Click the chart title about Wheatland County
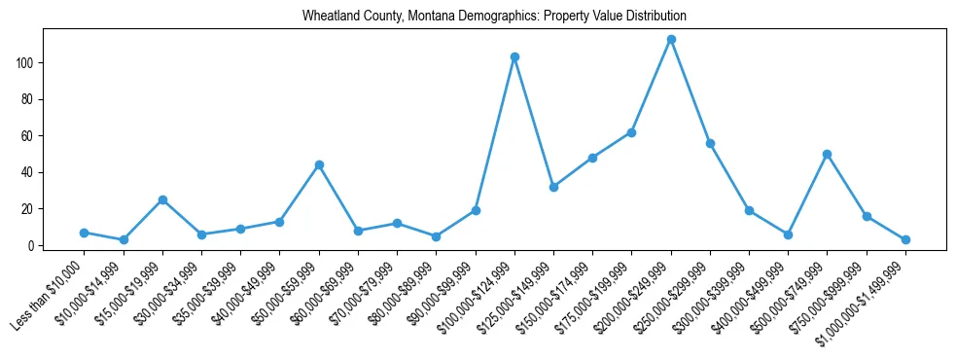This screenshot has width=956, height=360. pos(494,17)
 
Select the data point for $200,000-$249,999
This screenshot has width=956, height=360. pos(671,39)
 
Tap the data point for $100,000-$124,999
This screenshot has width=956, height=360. pos(514,57)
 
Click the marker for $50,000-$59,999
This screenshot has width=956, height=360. pos(319,164)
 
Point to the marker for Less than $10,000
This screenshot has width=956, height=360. pos(85,233)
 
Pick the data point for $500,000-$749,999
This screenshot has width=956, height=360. pos(827,154)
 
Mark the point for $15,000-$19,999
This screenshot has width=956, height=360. pos(162,199)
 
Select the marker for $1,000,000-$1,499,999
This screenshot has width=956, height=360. pos(905,239)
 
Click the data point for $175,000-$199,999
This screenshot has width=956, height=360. pos(631,132)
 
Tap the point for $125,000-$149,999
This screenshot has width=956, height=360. pos(553,187)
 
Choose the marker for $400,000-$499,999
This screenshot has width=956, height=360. pos(788,234)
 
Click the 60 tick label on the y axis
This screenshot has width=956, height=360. pos(31,136)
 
